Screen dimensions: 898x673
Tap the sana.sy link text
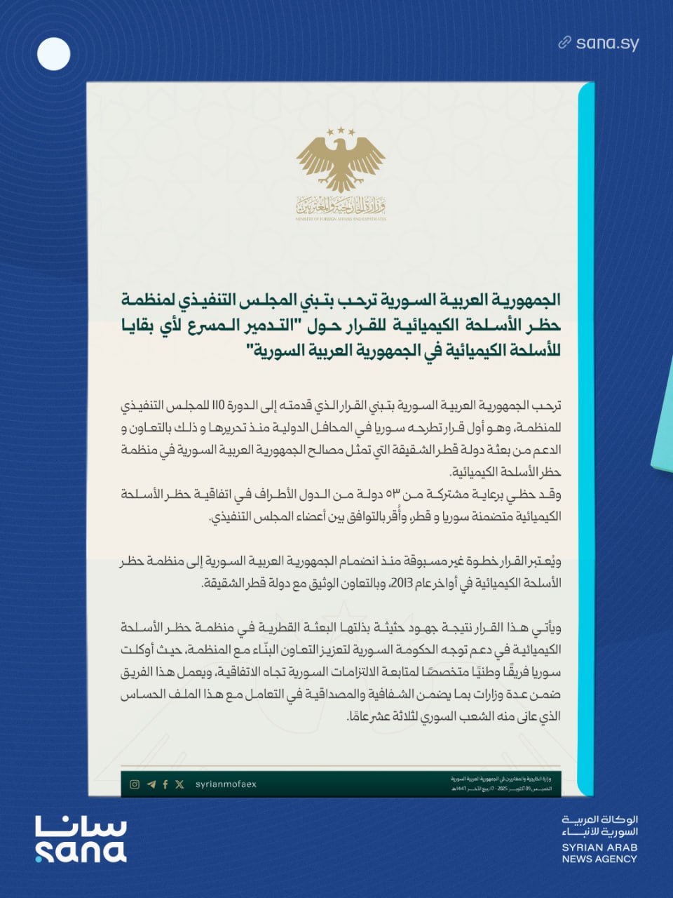click(607, 43)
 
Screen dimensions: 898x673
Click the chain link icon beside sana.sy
click(565, 43)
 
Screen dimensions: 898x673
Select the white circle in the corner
click(53, 53)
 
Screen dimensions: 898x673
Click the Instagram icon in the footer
click(135, 784)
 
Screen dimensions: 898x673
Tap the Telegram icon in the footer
click(151, 784)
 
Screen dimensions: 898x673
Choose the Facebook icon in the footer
click(165, 784)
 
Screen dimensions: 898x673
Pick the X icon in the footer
click(180, 784)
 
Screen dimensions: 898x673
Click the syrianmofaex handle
click(226, 784)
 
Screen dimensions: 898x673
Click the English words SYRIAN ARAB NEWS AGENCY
click(599, 852)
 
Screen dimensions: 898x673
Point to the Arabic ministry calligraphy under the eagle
click(341, 206)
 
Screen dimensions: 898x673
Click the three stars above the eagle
click(341, 131)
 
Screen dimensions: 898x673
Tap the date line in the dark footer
click(501, 789)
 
